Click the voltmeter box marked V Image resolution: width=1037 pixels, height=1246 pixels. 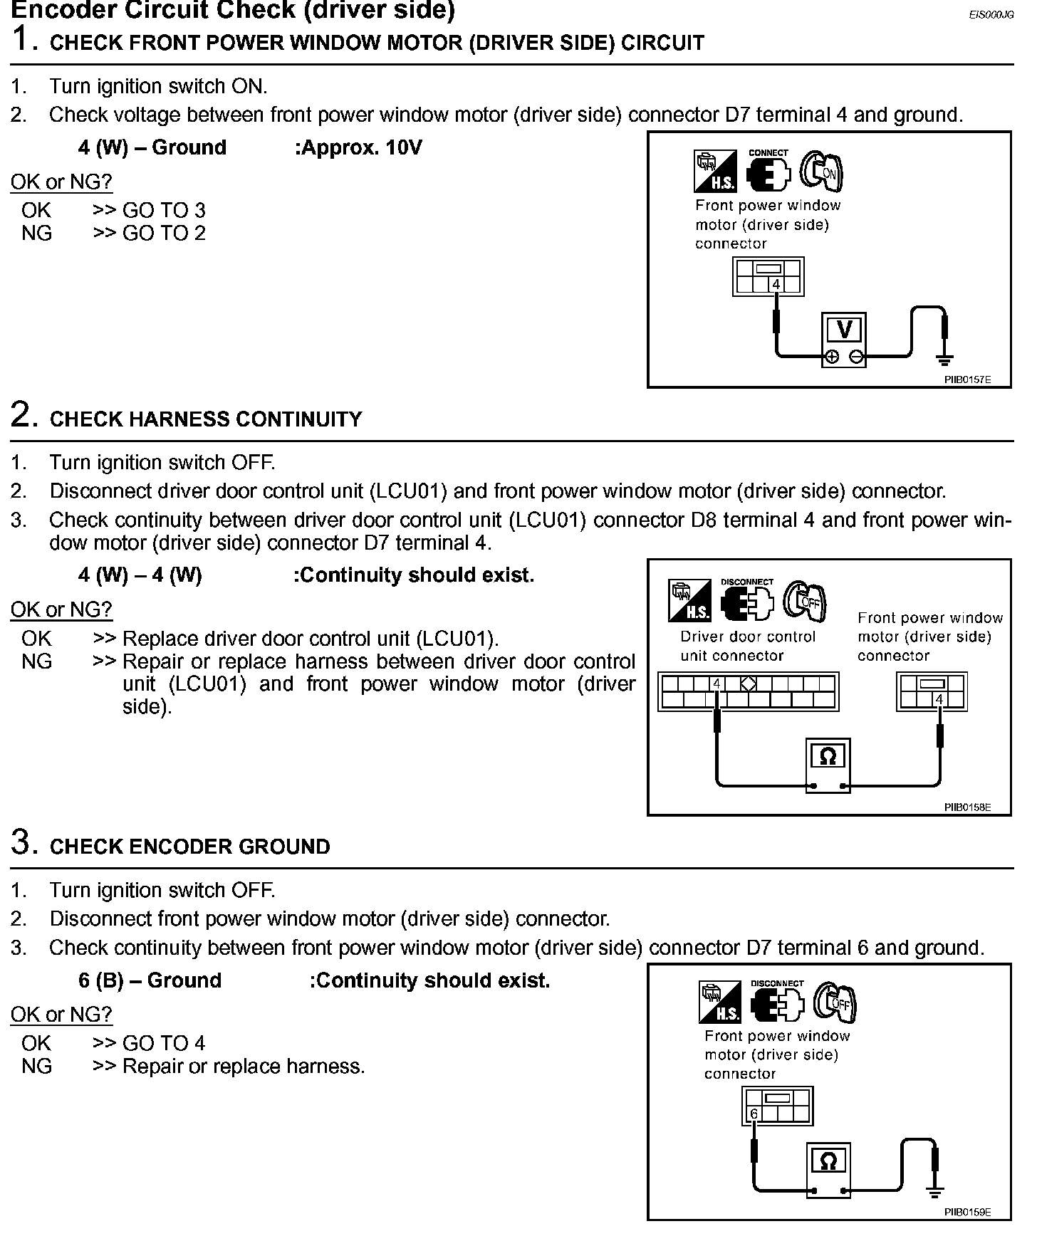844,339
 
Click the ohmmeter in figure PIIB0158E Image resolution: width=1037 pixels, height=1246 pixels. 828,765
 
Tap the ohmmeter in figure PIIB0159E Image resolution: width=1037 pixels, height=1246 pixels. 828,1170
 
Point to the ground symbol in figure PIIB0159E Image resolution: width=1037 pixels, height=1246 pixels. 935,1191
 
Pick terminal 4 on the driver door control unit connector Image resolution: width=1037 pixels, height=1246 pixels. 717,684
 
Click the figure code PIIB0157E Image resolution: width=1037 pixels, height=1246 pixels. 967,379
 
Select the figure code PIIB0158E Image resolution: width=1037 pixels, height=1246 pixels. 967,807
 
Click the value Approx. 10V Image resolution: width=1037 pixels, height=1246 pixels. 358,148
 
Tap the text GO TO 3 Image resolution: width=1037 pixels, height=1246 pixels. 164,211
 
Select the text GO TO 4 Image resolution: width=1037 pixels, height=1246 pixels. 164,1044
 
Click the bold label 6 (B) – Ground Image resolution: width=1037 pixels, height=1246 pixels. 150,981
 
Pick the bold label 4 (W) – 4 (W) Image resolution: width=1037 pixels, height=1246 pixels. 140,575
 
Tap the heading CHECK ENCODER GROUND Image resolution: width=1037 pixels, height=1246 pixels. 190,847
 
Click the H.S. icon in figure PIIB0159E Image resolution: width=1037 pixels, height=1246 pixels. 720,1002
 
